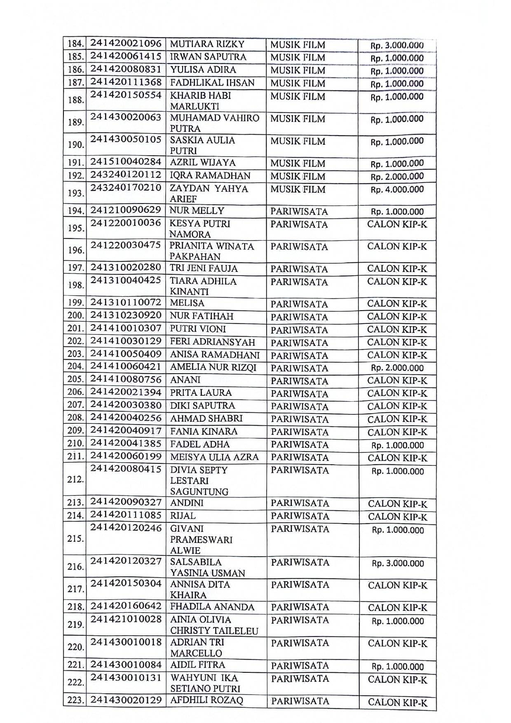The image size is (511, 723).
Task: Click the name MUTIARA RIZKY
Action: pos(207,44)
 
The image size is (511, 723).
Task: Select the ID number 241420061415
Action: pos(126,56)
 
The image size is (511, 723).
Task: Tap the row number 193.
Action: pos(75,193)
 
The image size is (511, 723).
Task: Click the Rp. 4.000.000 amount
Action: pos(397,190)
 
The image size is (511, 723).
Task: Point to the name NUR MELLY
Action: pos(197,211)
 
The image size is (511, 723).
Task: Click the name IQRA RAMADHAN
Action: pos(210,175)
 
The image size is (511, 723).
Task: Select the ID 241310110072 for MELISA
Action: pos(126,302)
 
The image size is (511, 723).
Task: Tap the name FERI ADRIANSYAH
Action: pos(212,342)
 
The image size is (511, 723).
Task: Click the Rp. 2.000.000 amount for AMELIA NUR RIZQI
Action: pos(397,368)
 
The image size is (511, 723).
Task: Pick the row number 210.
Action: pos(75,444)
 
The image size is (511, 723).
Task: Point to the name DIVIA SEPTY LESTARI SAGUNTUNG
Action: pos(199,481)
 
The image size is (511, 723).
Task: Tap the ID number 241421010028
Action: pos(126,619)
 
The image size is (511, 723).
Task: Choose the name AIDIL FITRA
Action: pos(197,665)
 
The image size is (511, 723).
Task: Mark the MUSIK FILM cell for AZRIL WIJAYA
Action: pos(298,163)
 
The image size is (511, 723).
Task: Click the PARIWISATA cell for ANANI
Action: pos(300,381)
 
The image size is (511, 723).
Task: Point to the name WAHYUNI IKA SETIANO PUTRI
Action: pos(205,683)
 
